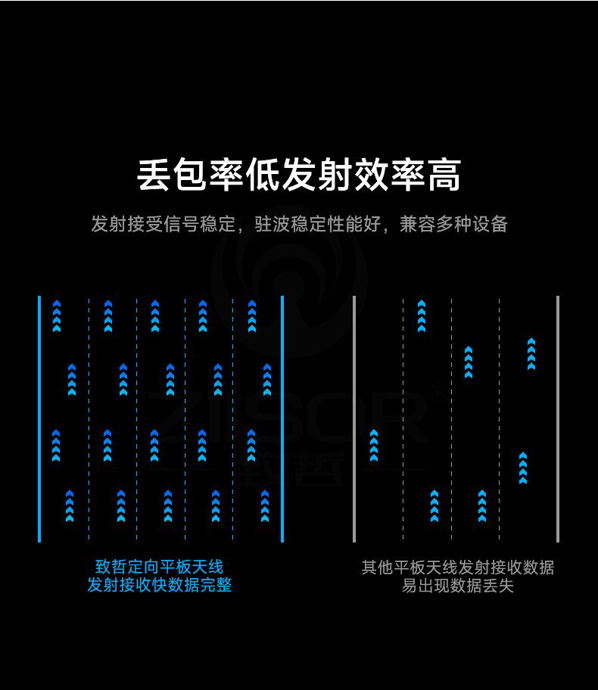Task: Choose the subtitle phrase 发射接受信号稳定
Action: coord(160,224)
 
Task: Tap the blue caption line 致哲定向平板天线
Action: coord(159,567)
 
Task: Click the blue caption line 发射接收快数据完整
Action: coord(159,585)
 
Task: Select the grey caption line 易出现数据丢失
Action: coord(457,586)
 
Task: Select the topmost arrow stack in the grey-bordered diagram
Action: coord(422,316)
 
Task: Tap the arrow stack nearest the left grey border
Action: coord(373,445)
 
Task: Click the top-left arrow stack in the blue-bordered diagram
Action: coord(57,316)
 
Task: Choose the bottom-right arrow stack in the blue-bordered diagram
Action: coord(265,506)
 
